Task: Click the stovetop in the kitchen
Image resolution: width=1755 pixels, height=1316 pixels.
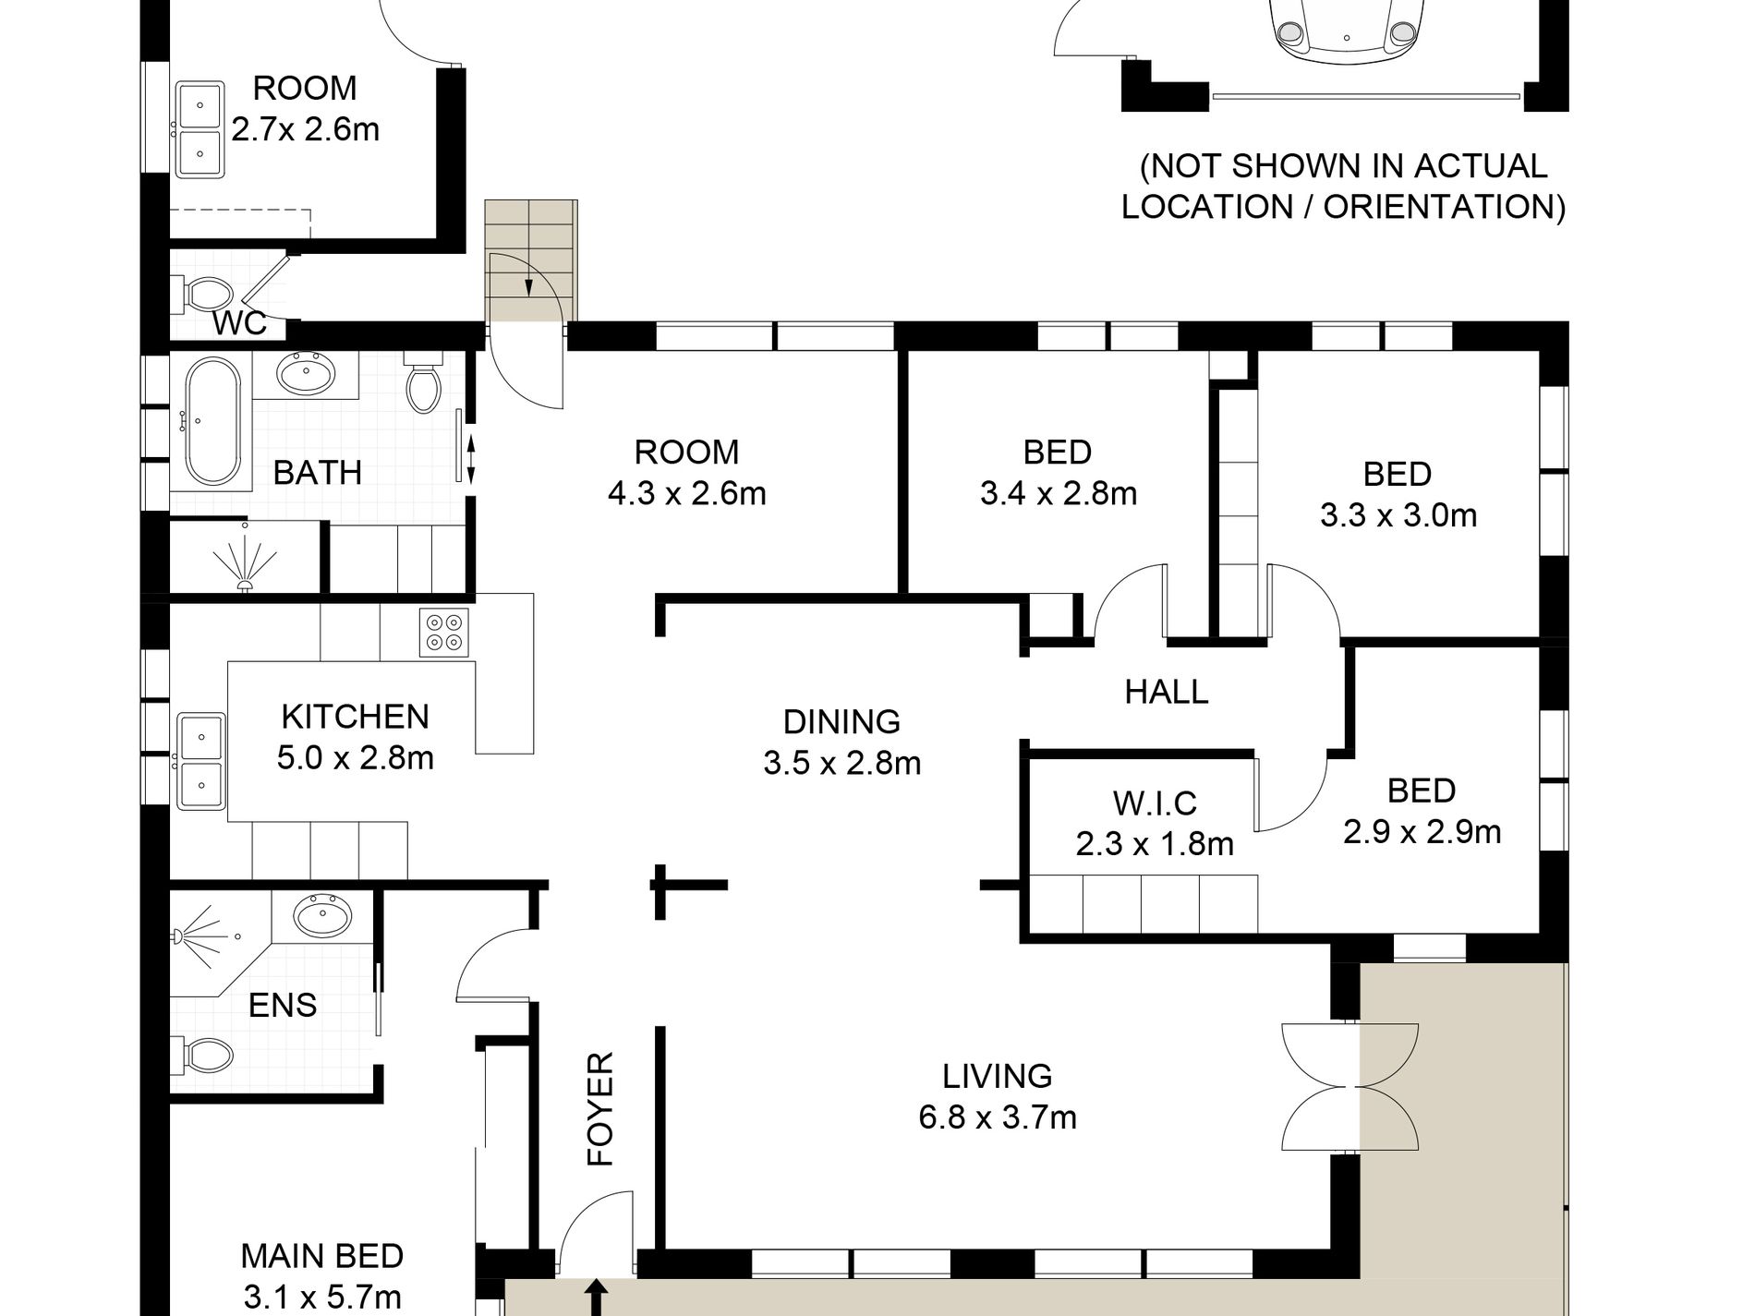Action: (444, 632)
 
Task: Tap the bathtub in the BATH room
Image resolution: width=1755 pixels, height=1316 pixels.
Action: (213, 421)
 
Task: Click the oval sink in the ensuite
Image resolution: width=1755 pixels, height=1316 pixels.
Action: (322, 916)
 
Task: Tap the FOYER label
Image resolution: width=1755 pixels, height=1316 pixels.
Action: (600, 1109)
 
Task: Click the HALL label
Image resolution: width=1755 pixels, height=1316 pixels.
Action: (1167, 692)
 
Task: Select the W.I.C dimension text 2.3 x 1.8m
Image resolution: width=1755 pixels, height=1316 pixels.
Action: (1155, 844)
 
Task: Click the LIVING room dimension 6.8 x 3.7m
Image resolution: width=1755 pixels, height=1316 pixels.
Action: (998, 1117)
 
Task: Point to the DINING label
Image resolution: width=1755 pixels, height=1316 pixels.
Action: (841, 721)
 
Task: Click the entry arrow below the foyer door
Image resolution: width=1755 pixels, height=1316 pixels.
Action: (597, 1298)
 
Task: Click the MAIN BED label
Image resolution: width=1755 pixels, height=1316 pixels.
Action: (322, 1256)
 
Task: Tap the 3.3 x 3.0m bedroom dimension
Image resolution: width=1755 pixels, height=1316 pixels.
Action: (1398, 515)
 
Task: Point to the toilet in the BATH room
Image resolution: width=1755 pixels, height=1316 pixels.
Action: (424, 381)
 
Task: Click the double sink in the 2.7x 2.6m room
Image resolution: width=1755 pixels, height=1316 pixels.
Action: (200, 129)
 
